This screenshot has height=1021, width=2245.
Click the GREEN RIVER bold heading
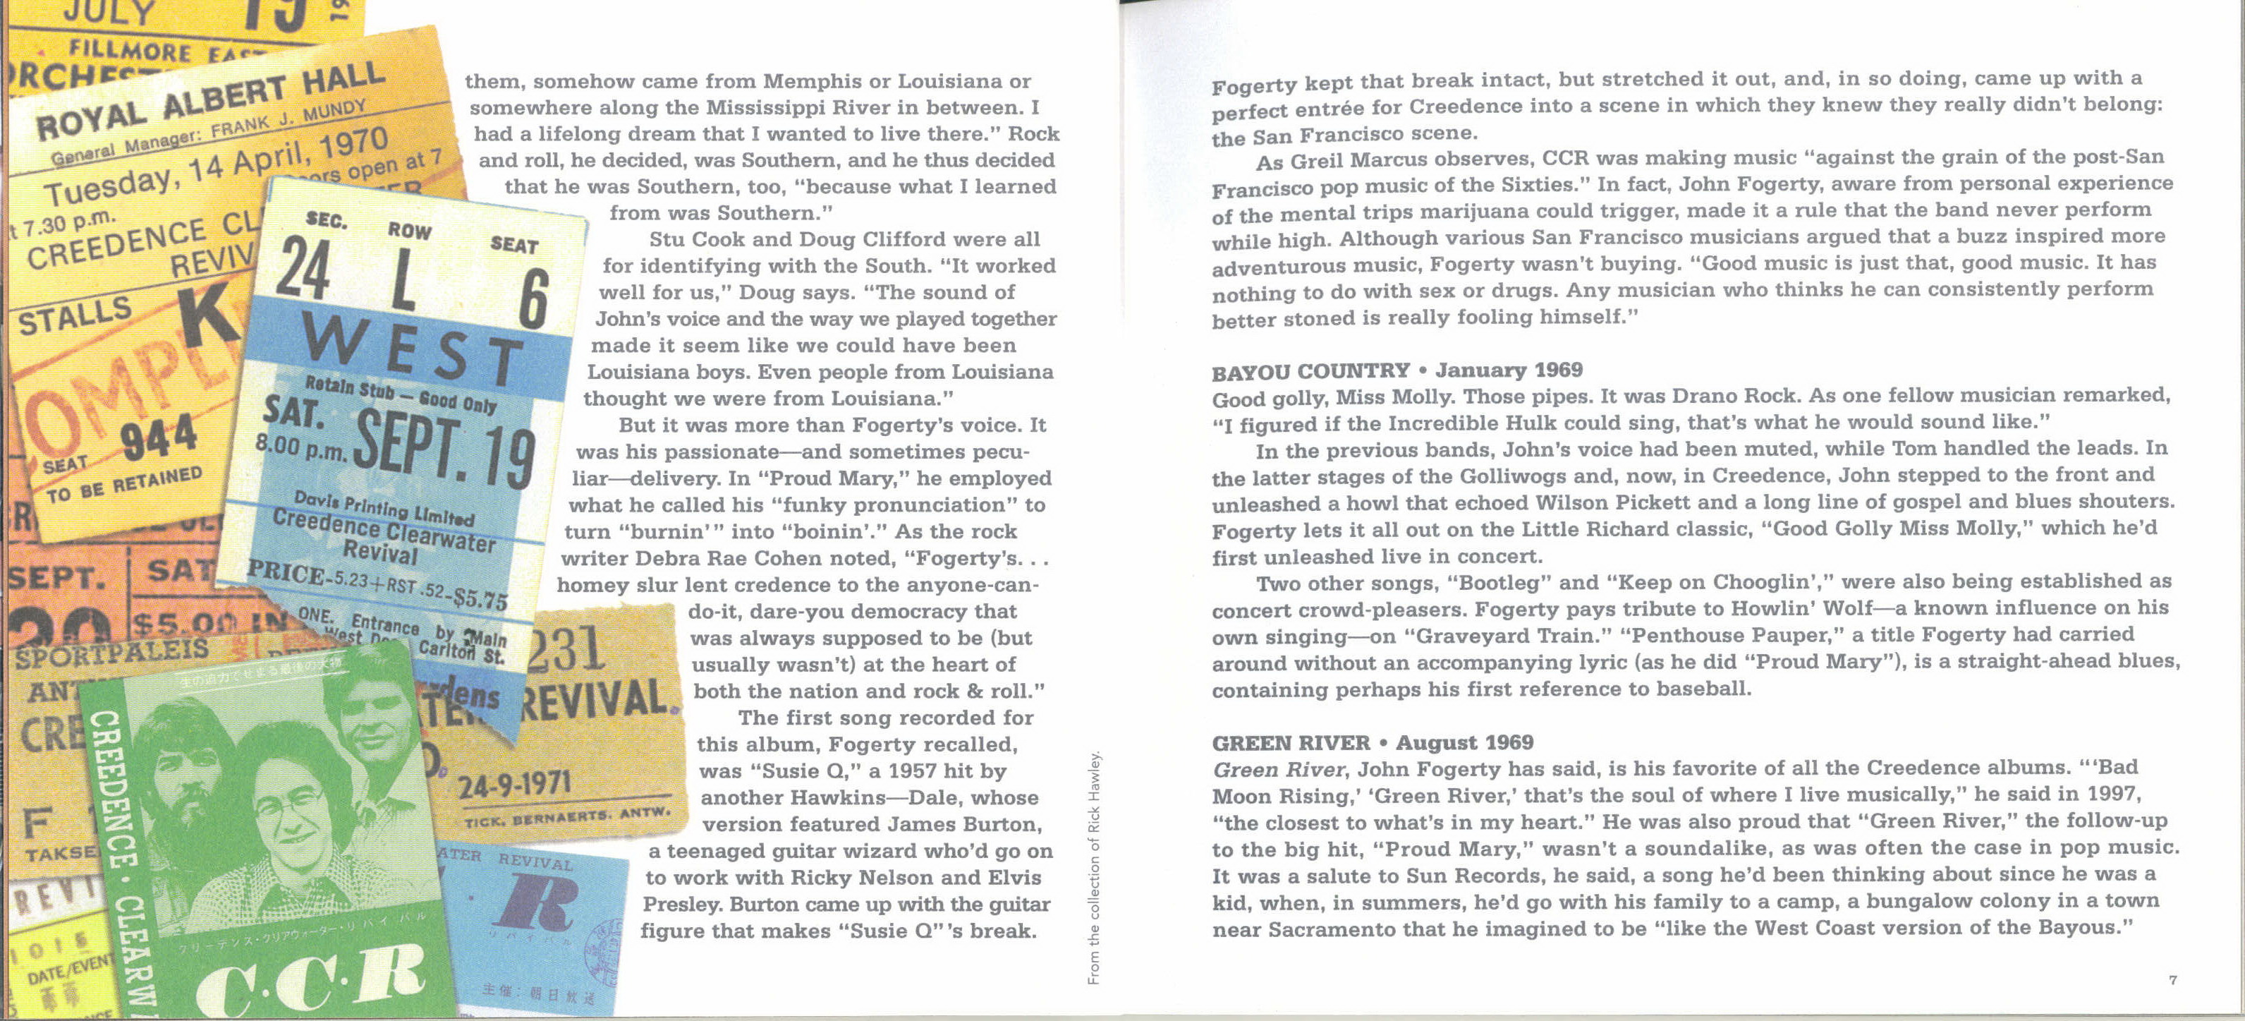pos(1290,744)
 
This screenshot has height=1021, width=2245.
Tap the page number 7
pos(2172,980)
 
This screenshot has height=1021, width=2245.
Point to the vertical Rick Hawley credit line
pos(1095,868)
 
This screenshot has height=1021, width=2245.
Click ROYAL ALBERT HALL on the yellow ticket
pos(209,102)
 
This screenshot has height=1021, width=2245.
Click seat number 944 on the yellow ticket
pos(159,439)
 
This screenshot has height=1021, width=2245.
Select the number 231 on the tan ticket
pos(567,648)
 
